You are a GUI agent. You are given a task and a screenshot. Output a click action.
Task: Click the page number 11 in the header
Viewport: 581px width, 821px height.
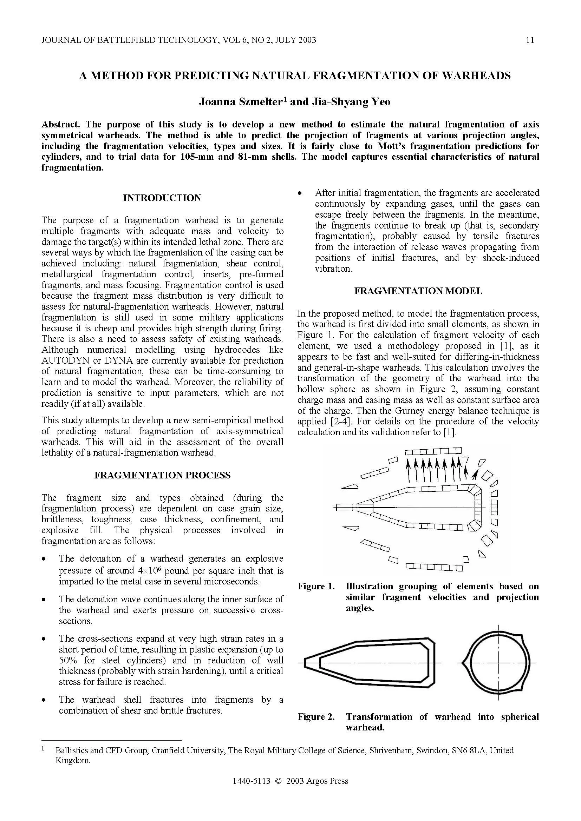[530, 40]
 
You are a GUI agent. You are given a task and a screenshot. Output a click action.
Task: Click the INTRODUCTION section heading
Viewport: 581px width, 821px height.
[162, 198]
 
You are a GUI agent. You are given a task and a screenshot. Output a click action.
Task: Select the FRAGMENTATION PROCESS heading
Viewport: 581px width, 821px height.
[162, 475]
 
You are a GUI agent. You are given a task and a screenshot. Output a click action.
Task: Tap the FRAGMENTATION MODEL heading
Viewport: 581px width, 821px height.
[418, 291]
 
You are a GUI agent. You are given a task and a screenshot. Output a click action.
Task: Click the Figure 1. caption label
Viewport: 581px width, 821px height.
[316, 587]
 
